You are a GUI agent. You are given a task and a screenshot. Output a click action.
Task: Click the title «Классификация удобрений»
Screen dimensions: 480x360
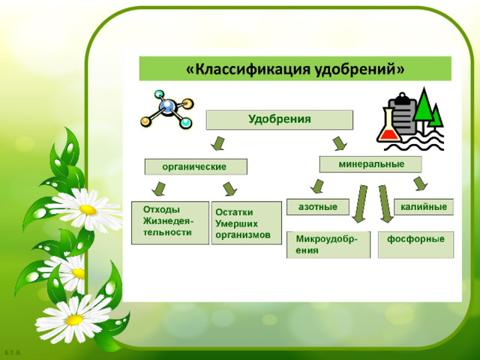coord(295,69)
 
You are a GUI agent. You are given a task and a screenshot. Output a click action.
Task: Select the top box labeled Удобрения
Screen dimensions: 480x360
coord(280,120)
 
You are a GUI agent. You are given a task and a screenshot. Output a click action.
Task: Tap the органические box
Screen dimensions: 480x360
coord(196,166)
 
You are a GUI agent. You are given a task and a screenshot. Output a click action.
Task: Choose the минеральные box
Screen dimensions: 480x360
coord(370,164)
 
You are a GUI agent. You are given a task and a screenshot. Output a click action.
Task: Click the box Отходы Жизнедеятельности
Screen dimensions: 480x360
coord(170,223)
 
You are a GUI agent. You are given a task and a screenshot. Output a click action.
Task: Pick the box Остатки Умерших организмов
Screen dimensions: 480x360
coord(247,223)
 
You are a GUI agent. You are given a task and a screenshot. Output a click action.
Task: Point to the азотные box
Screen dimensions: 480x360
coord(318,207)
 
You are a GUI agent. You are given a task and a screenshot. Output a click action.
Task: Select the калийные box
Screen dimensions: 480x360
coord(424,207)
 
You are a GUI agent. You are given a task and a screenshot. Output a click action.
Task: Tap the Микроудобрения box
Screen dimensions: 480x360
coord(328,244)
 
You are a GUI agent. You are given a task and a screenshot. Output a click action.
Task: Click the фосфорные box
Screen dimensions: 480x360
coord(416,244)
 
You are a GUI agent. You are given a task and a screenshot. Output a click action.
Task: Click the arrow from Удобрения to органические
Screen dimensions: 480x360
coord(218,143)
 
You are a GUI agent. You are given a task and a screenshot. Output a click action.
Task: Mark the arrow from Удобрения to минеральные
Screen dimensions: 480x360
coord(340,143)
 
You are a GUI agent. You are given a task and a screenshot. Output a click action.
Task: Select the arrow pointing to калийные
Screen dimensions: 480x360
coord(420,183)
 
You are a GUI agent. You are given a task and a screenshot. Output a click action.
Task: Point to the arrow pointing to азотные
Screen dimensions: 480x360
coord(317,186)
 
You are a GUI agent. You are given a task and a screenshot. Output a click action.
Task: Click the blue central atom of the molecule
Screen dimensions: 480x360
coord(167,106)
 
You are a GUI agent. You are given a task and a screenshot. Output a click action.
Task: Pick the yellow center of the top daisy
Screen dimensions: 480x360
coord(88,210)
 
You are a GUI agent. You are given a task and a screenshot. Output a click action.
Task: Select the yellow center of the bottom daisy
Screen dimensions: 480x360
coord(74,320)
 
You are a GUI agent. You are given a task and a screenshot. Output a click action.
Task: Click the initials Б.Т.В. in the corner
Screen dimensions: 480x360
coord(13,352)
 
